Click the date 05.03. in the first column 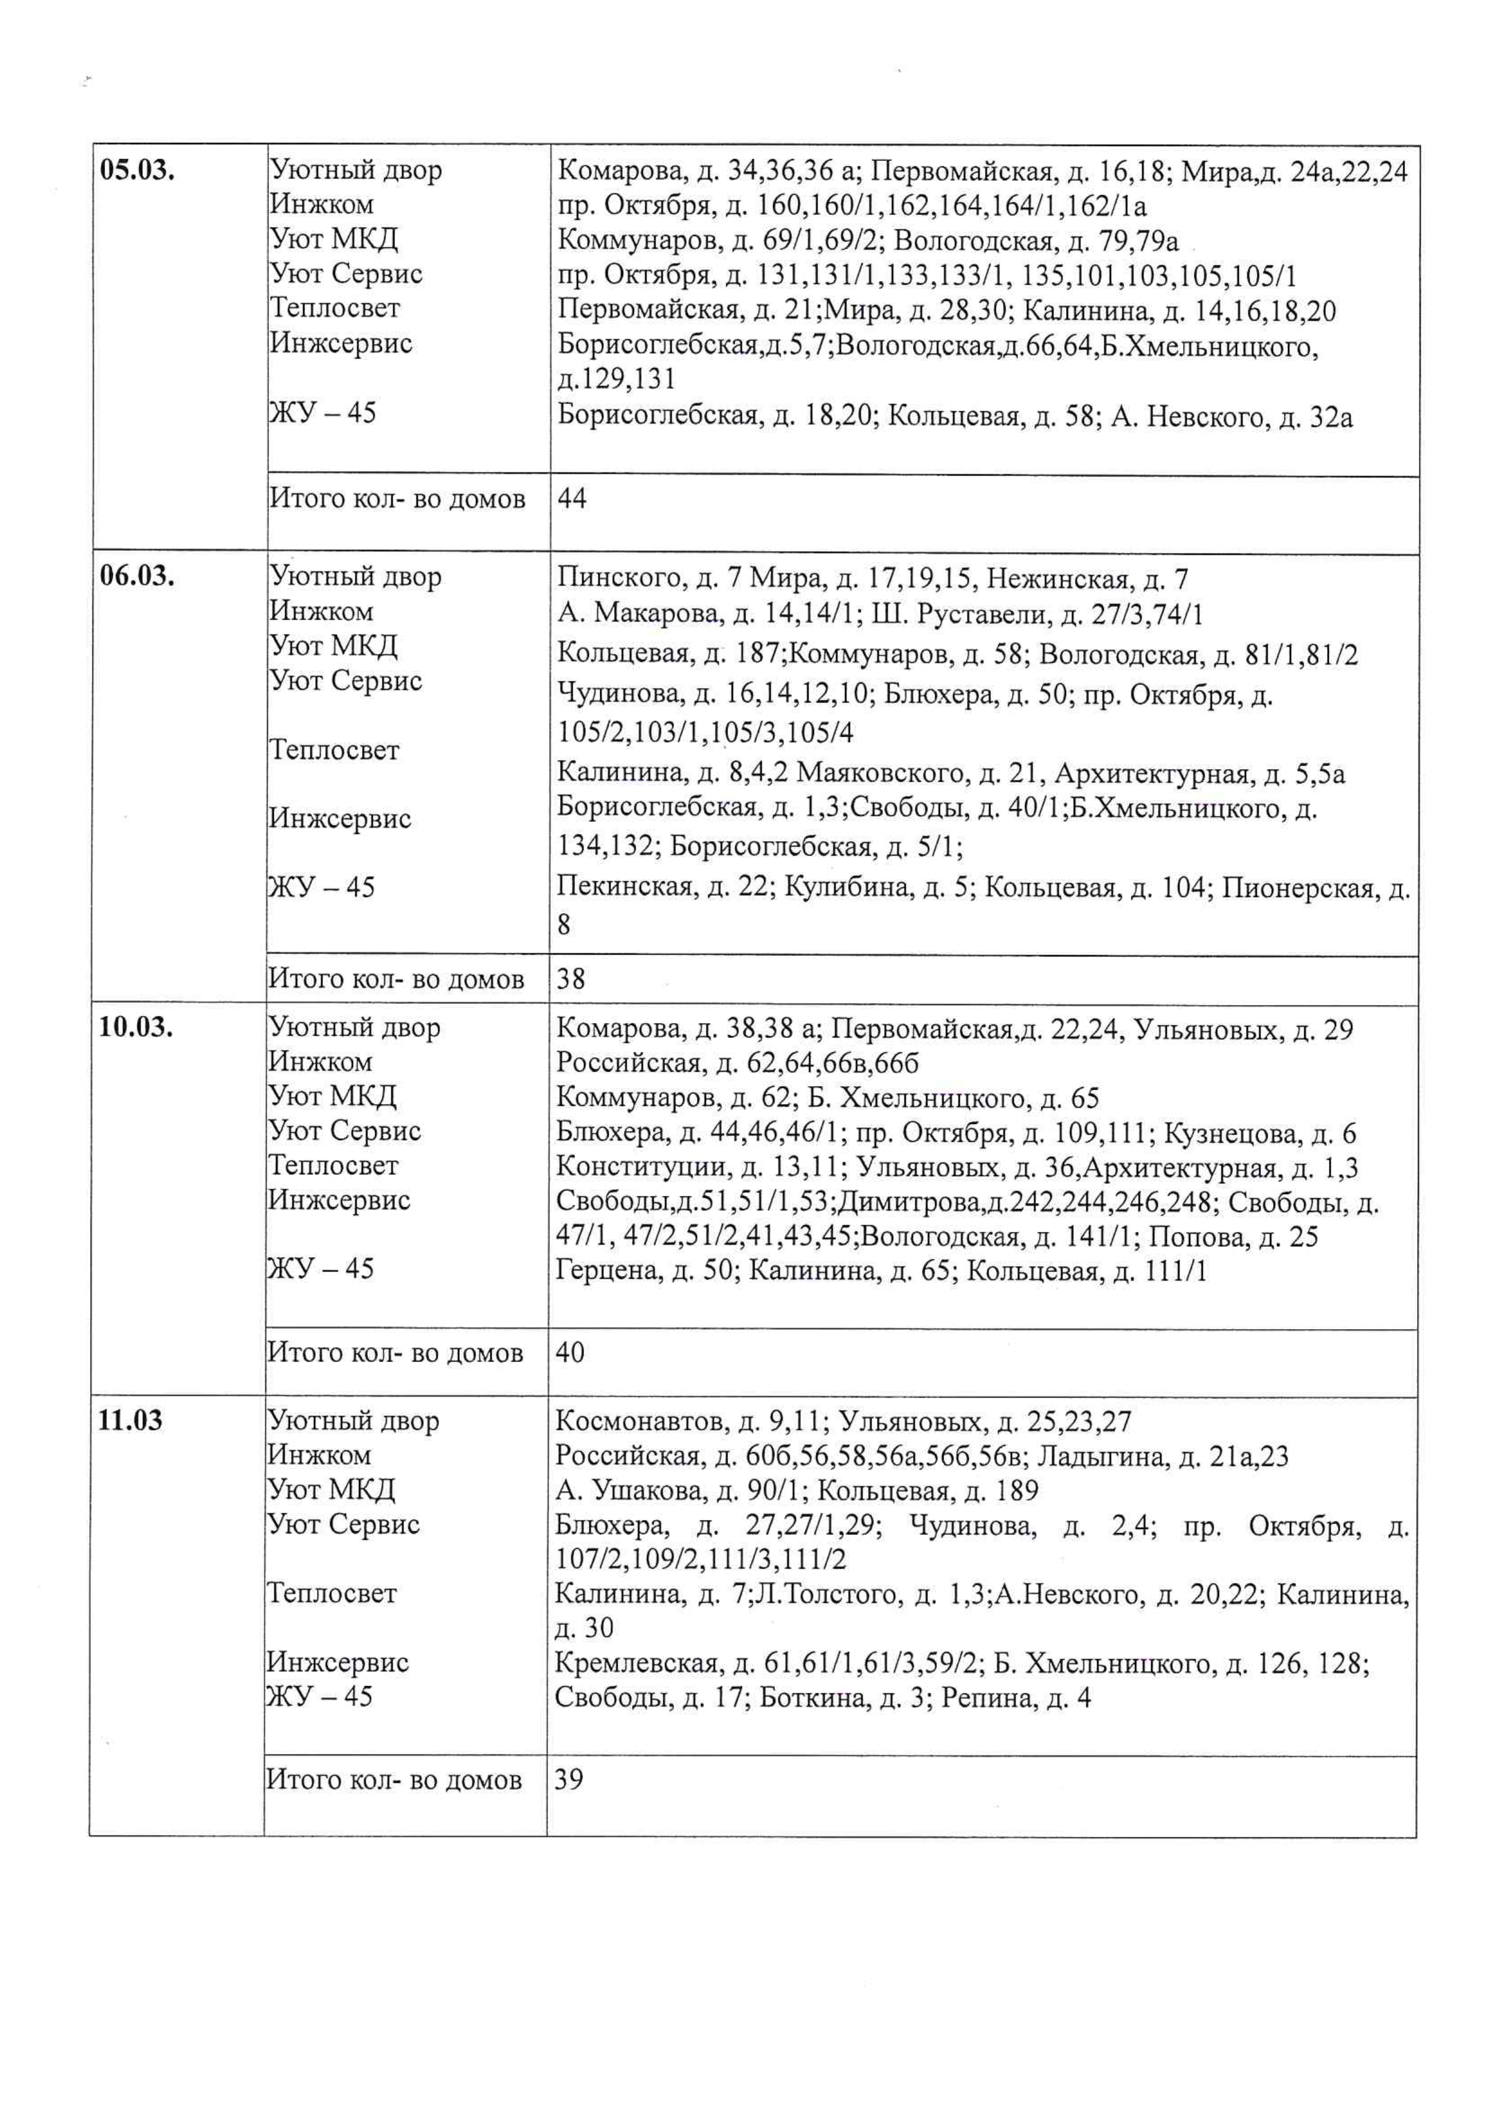(x=137, y=170)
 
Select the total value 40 (x=569, y=1353)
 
